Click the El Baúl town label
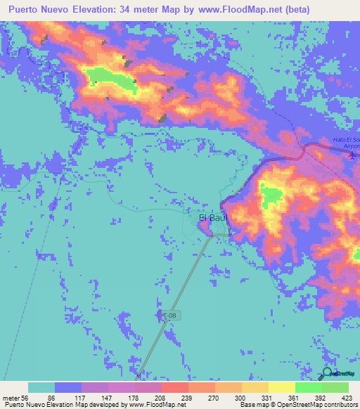pos(212,218)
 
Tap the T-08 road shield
pos(170,317)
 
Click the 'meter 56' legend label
pos(15,397)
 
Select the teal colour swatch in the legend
pos(41,387)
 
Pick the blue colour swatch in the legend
pos(68,387)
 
